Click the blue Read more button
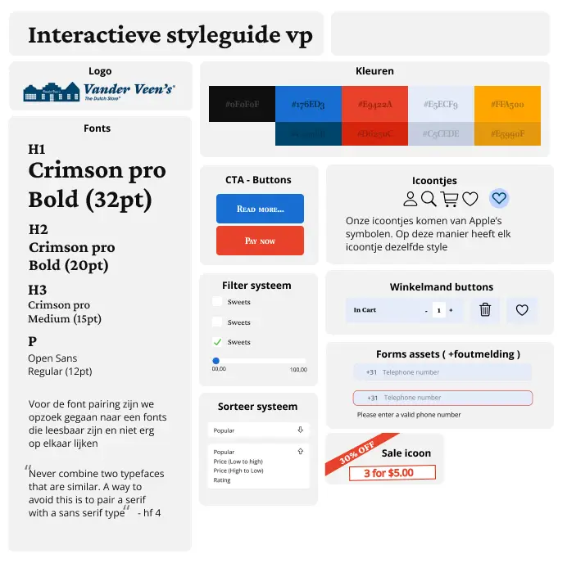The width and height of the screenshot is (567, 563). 260,209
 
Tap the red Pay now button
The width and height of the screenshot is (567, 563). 260,241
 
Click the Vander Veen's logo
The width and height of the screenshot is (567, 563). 99,92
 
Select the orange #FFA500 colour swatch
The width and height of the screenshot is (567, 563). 507,104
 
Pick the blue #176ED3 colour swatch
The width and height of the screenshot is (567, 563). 308,104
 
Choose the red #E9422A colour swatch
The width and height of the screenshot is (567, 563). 374,104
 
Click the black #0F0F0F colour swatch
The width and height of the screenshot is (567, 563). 242,104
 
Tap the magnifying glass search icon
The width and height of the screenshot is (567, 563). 429,198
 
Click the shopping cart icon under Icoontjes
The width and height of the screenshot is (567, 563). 449,198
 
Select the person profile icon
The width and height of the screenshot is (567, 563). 410,198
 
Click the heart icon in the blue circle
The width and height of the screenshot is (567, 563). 499,198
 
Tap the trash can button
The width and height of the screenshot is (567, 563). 485,310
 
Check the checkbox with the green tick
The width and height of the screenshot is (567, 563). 217,342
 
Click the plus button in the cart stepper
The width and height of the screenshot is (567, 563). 451,311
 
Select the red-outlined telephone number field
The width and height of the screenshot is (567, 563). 442,398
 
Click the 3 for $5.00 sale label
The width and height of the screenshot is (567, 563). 392,473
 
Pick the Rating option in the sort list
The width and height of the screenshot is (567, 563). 222,480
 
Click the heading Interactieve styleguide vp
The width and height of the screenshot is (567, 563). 170,35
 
